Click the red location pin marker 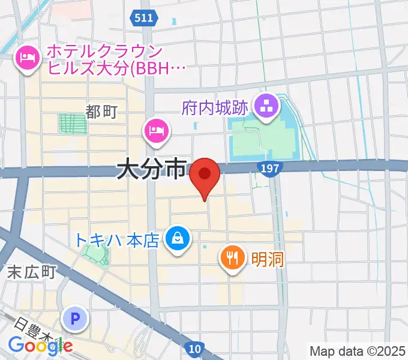205,176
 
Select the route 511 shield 143,19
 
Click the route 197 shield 271,169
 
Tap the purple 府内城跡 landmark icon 264,107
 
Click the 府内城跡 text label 215,109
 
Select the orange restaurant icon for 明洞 232,258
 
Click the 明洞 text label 267,259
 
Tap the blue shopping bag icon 178,239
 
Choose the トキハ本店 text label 117,241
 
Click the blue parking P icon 76,319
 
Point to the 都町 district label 101,111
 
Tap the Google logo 40,344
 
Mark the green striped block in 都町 72,124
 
